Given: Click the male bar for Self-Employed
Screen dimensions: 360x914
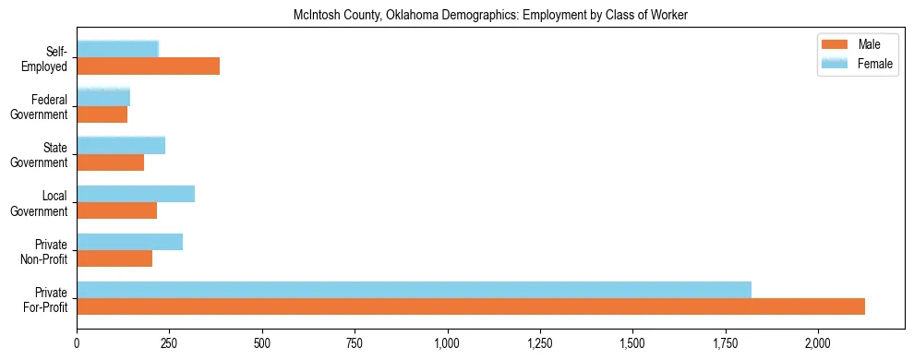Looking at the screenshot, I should pyautogui.click(x=148, y=66).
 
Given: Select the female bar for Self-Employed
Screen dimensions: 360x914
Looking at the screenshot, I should pyautogui.click(x=117, y=49).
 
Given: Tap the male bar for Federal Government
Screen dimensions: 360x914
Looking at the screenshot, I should pyautogui.click(x=102, y=114).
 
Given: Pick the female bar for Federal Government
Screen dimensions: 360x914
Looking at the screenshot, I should pyautogui.click(x=103, y=97).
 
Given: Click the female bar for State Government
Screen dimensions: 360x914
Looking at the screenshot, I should pyautogui.click(x=121, y=145).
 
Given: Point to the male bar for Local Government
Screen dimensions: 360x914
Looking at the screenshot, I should pyautogui.click(x=116, y=210).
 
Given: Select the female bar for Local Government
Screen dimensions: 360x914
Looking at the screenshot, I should pyautogui.click(x=136, y=193).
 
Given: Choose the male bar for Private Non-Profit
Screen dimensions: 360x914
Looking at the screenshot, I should pyautogui.click(x=114, y=258).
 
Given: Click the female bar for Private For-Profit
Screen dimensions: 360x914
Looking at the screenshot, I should pyautogui.click(x=414, y=289).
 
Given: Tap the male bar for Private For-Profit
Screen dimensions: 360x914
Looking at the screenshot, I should pyautogui.click(x=471, y=306).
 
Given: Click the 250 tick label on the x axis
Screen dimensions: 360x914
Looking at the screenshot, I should pyautogui.click(x=170, y=342).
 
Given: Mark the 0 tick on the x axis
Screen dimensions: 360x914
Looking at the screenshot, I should pyautogui.click(x=77, y=342).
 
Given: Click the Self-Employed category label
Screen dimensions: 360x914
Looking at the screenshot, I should pyautogui.click(x=50, y=58).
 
